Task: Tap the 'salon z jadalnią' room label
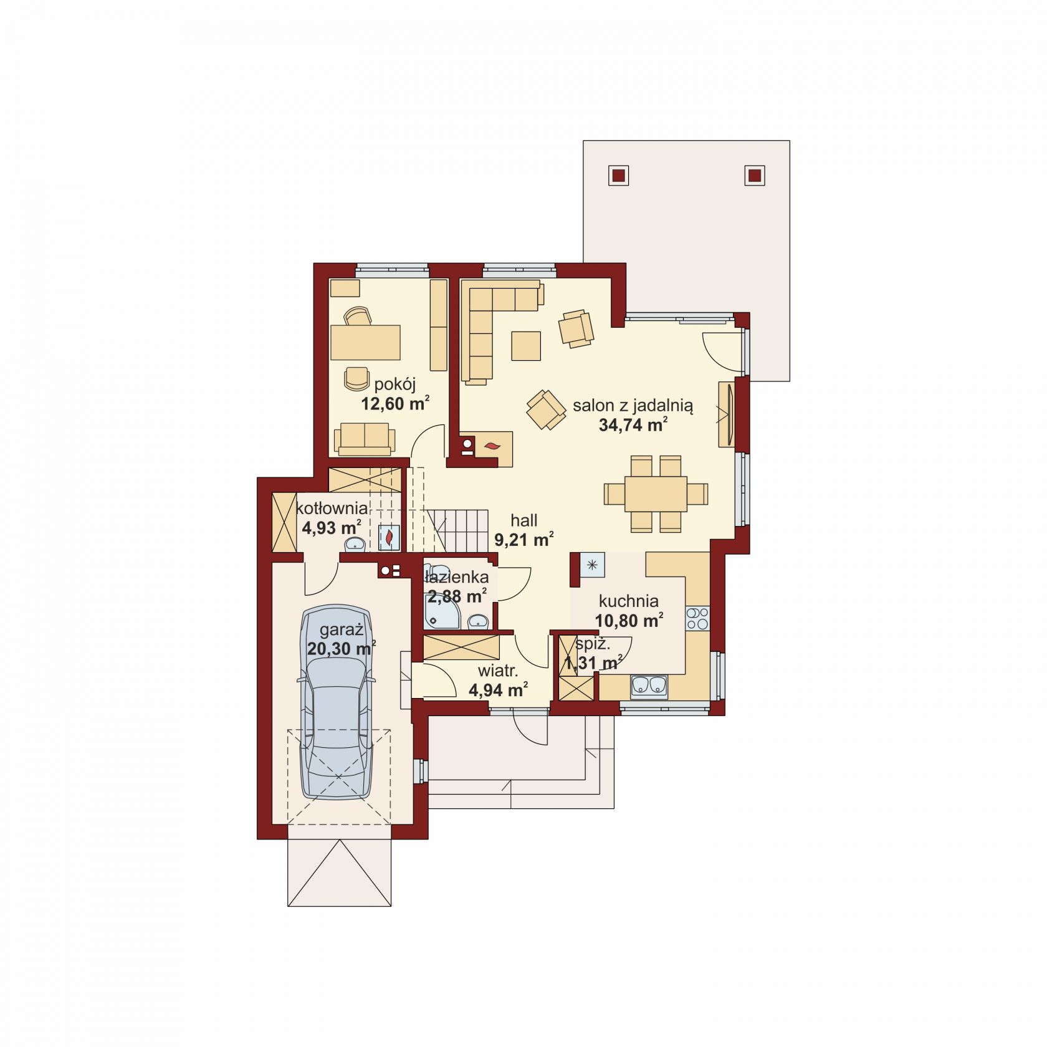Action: click(x=633, y=406)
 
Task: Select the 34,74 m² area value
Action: click(x=633, y=425)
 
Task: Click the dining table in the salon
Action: click(x=656, y=494)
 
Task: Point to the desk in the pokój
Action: click(x=365, y=342)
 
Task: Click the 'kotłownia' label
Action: click(x=332, y=508)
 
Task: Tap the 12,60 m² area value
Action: click(x=395, y=404)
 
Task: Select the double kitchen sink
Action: click(x=649, y=686)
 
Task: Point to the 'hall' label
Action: click(x=523, y=520)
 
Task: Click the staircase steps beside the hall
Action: click(x=457, y=530)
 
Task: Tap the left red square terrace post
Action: click(x=618, y=175)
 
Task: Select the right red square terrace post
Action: click(x=754, y=175)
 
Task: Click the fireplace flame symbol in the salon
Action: click(x=492, y=446)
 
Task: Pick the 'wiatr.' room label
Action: click(x=498, y=671)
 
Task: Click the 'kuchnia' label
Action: click(x=629, y=601)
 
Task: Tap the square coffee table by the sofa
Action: click(x=526, y=346)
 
